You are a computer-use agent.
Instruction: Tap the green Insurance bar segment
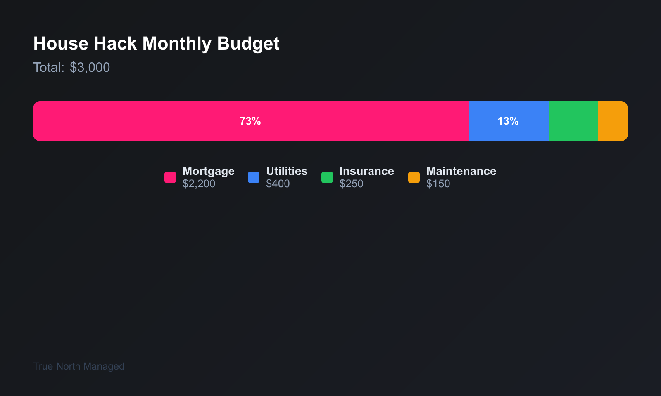[x=573, y=121]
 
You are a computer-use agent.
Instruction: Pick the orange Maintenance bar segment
[x=613, y=121]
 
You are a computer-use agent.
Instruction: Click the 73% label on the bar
[x=250, y=121]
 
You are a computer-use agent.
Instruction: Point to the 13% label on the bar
[x=508, y=121]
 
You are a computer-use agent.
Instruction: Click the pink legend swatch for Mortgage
[x=170, y=177]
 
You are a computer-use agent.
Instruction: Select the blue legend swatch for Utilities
[x=254, y=177]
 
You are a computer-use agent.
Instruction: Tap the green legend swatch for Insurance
[x=327, y=177]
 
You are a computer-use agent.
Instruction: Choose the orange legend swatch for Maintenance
[x=414, y=177]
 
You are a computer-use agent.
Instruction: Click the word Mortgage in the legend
[x=208, y=171]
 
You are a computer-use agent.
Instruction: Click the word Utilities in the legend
[x=287, y=171]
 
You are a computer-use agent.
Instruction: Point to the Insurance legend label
[x=366, y=171]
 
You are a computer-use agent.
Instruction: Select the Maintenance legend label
[x=461, y=171]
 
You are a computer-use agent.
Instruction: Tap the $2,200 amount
[x=199, y=184]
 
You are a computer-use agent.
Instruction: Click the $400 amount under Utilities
[x=278, y=184]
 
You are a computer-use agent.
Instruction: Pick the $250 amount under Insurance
[x=351, y=184]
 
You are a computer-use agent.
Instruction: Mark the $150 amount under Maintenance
[x=438, y=184]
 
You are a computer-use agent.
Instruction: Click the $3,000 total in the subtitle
[x=90, y=68]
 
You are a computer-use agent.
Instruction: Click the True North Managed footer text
[x=78, y=366]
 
